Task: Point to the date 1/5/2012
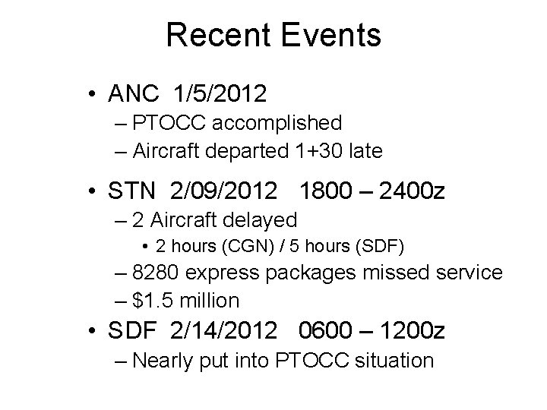coord(220,93)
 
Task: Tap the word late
coord(365,150)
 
